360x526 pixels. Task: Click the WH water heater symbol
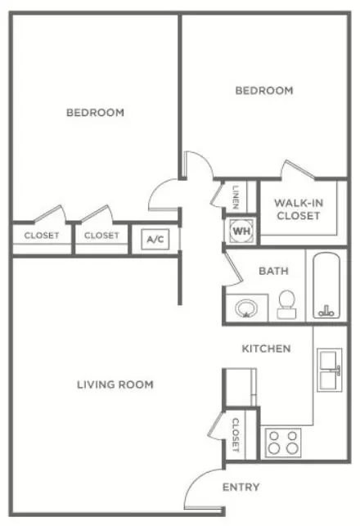coord(241,231)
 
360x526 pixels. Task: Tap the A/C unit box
coord(155,239)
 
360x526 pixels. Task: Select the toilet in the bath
coord(286,304)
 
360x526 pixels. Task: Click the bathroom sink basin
coord(246,308)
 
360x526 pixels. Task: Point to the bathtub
coord(326,285)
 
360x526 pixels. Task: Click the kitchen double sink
coord(330,370)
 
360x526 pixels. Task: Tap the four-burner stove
coord(283,443)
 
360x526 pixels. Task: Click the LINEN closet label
coord(236,197)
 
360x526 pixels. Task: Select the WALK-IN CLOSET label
coord(299,209)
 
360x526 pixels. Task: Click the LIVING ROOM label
coord(115,384)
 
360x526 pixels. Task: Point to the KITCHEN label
coord(267,348)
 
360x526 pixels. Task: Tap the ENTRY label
coord(241,487)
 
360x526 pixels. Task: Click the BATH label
coord(273,271)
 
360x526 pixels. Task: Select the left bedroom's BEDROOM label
coord(95,112)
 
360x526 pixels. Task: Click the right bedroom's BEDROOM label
coord(264,91)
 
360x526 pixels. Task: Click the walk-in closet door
coord(299,169)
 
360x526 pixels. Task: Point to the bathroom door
coord(234,268)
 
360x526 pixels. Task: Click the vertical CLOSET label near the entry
coord(236,434)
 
